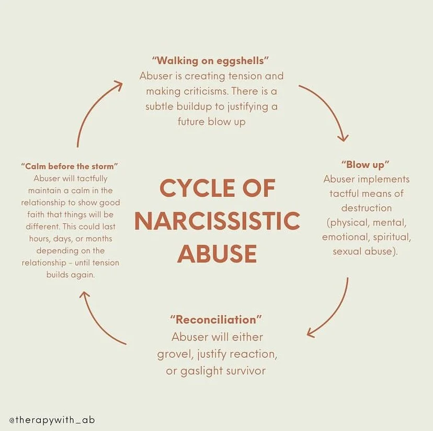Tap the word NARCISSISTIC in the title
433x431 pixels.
216,221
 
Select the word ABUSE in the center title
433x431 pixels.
216,253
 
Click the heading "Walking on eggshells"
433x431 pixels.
211,61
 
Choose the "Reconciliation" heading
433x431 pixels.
216,319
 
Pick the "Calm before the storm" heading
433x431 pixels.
70,166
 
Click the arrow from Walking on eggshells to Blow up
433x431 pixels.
327,107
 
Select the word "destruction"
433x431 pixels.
366,208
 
